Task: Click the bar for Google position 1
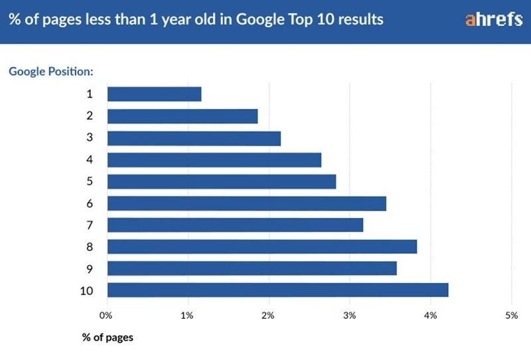pyautogui.click(x=154, y=94)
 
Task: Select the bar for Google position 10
pyautogui.click(x=277, y=290)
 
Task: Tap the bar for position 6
pyautogui.click(x=246, y=203)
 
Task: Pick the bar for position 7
pyautogui.click(x=235, y=225)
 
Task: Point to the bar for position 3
pyautogui.click(x=194, y=138)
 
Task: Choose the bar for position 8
pyautogui.click(x=262, y=246)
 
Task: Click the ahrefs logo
pyautogui.click(x=494, y=19)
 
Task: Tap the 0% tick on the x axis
pyautogui.click(x=106, y=315)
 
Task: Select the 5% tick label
pyautogui.click(x=511, y=315)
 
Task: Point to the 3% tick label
pyautogui.click(x=349, y=315)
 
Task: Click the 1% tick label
pyautogui.click(x=188, y=315)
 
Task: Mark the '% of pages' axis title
pyautogui.click(x=108, y=337)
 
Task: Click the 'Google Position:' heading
pyautogui.click(x=50, y=70)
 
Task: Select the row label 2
pyautogui.click(x=89, y=116)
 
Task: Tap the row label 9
pyautogui.click(x=89, y=268)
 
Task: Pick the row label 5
pyautogui.click(x=89, y=181)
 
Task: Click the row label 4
pyautogui.click(x=89, y=159)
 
